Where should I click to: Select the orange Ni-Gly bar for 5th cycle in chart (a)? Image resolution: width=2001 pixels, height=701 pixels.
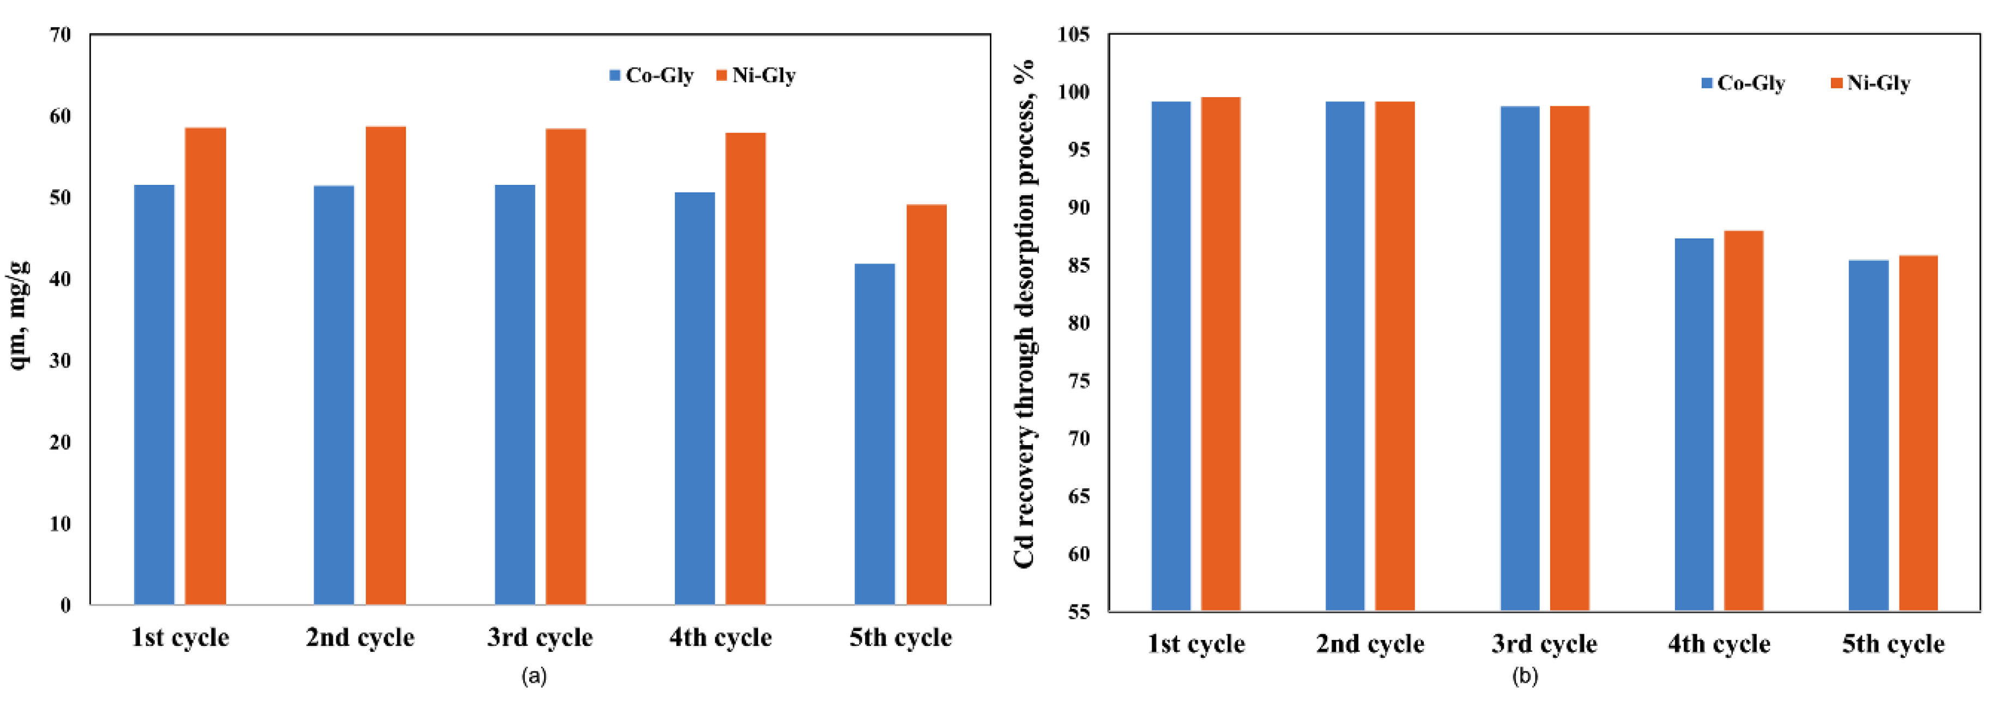(x=926, y=404)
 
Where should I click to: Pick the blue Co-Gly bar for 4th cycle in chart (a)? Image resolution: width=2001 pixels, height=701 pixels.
(x=694, y=398)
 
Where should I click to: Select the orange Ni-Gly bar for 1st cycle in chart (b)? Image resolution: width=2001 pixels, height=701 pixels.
(x=1220, y=354)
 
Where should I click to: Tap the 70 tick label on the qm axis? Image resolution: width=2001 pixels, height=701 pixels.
(x=60, y=34)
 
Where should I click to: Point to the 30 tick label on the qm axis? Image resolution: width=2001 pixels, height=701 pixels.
(x=60, y=361)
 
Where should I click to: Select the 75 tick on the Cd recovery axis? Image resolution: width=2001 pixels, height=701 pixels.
(x=1078, y=381)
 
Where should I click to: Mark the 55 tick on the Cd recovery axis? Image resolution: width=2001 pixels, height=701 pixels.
(x=1078, y=612)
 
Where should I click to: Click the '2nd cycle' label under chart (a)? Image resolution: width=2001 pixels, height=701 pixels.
(x=360, y=637)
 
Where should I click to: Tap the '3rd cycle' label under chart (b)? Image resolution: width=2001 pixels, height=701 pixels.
(x=1544, y=644)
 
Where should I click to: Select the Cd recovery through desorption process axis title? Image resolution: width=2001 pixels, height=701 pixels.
(x=1025, y=315)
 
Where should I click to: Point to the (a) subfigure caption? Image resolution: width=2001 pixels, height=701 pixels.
(x=534, y=675)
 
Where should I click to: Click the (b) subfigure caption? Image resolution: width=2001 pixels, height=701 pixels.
(x=1524, y=675)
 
